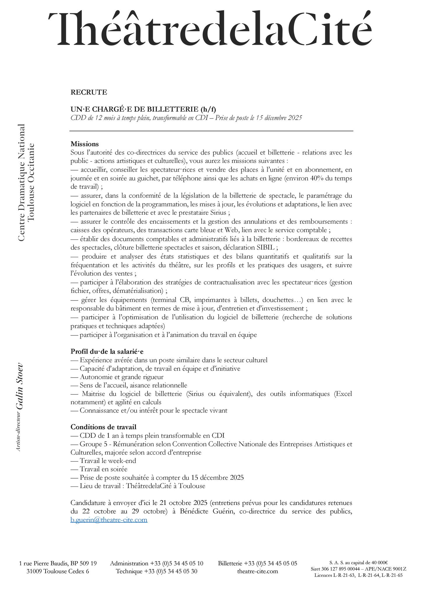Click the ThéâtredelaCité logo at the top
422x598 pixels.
point(210,29)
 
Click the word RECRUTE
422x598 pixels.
point(89,92)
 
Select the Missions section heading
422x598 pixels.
point(85,144)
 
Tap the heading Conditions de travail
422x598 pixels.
point(103,427)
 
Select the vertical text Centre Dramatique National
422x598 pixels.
point(21,182)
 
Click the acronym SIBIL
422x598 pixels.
point(265,248)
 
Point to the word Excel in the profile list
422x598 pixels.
point(344,394)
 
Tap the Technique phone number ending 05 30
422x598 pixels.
point(171,571)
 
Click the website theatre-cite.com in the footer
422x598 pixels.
point(258,571)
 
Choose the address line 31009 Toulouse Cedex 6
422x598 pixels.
point(58,571)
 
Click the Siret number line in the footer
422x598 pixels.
point(358,569)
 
